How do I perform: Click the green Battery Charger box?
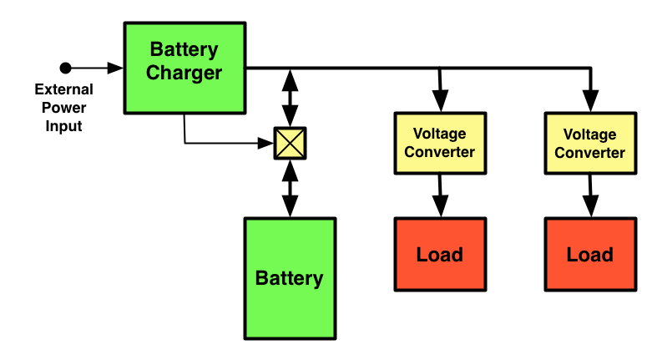click(x=184, y=68)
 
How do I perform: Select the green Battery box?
click(x=289, y=278)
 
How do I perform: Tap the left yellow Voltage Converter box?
click(x=439, y=142)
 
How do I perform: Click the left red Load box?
click(x=439, y=254)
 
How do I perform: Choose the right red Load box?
click(x=589, y=254)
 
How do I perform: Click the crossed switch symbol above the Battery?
click(x=290, y=143)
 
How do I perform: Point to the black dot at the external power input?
click(x=65, y=67)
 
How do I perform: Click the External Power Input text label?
click(x=63, y=108)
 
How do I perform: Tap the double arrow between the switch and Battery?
click(x=290, y=188)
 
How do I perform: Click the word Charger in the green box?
click(x=184, y=73)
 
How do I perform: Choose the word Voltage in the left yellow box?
click(x=439, y=134)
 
